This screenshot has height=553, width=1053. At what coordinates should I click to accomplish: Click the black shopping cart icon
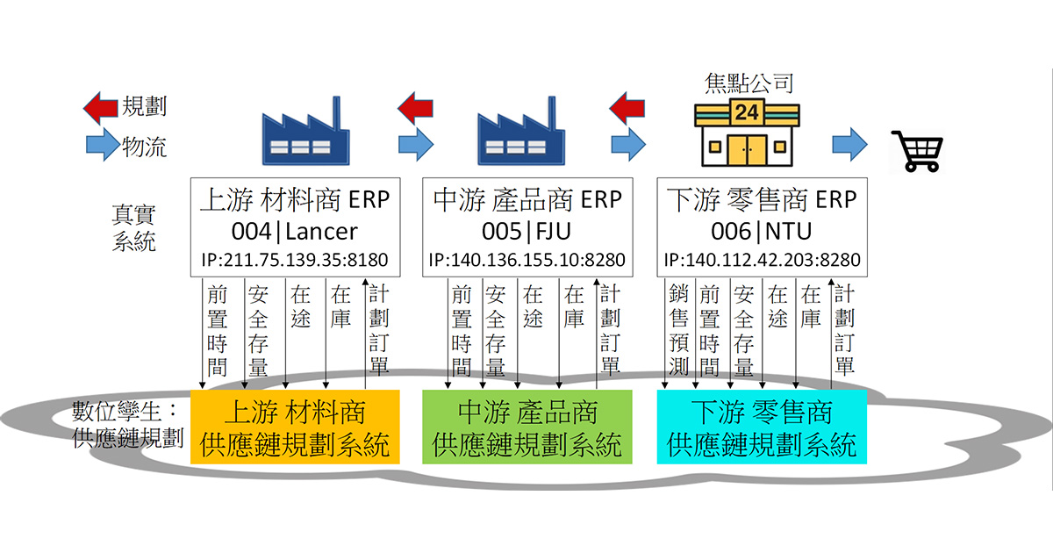tap(917, 150)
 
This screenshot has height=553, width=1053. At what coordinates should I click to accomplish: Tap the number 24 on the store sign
tap(747, 112)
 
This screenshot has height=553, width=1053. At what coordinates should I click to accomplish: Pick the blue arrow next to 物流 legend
tap(102, 146)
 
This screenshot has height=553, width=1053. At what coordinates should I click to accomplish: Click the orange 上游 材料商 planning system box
tap(295, 427)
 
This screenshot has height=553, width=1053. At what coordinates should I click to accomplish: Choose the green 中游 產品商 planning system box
tap(526, 427)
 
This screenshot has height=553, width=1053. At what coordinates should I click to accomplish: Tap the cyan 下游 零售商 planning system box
tap(762, 427)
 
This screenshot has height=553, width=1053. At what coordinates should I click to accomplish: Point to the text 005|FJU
tap(526, 231)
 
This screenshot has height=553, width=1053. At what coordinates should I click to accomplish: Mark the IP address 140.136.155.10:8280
tap(526, 261)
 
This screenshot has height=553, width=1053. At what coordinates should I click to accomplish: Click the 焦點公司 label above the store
tap(749, 83)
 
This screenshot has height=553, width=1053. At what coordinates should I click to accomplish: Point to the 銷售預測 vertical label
tap(679, 329)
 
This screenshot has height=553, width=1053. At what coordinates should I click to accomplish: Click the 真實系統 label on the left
tap(133, 226)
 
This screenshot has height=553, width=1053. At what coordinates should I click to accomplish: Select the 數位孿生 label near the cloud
tap(124, 412)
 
